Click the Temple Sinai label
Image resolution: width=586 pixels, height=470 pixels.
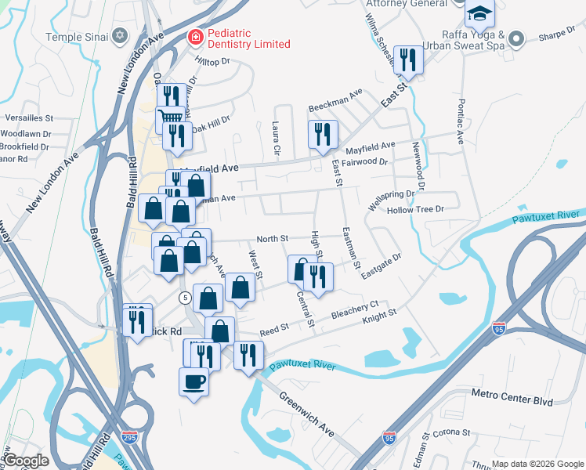(75, 36)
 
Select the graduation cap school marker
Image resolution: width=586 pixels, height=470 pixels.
(479, 13)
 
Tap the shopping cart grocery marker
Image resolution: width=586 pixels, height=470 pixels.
(170, 118)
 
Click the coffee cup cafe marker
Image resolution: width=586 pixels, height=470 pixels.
(194, 381)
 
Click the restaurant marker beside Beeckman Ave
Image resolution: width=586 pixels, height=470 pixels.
(322, 134)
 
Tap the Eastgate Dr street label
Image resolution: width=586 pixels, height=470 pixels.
(382, 262)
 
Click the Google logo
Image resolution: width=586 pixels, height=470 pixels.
(27, 461)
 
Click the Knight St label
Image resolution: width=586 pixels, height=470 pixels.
(379, 317)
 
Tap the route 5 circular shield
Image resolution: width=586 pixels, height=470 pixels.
(184, 298)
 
